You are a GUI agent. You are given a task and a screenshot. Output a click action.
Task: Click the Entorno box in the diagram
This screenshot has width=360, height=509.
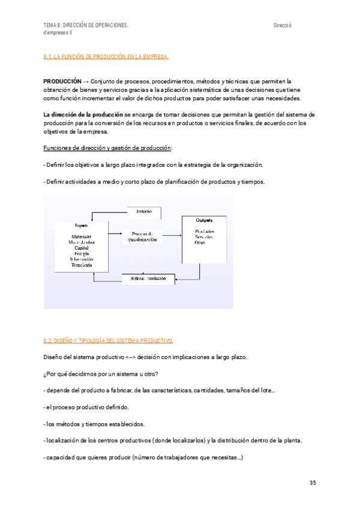coord(144,212)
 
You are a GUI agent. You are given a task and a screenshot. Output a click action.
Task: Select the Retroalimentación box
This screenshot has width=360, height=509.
coord(148,279)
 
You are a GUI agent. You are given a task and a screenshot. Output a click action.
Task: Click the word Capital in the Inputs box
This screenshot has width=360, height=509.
coord(82,247)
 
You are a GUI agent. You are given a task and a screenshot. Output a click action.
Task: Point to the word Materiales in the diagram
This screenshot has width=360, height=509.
coord(82,236)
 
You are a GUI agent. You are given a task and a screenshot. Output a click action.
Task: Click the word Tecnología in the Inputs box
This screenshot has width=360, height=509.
coord(82,265)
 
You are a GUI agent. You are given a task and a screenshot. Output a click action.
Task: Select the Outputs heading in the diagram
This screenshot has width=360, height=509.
coord(205,220)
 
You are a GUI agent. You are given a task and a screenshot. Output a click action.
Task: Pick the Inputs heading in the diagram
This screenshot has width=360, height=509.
coord(82,226)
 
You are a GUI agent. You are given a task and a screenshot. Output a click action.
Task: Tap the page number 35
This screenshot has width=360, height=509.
coord(313,483)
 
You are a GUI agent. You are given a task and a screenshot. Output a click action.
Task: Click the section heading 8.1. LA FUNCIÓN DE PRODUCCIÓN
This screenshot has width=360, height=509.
coord(106,57)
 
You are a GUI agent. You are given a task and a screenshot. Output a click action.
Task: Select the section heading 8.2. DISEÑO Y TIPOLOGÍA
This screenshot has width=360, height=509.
coord(109,341)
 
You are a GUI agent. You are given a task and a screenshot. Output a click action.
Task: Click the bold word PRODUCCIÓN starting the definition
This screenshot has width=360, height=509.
coord(62,80)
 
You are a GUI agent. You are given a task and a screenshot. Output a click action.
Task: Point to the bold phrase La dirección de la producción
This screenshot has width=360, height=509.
coord(83,114)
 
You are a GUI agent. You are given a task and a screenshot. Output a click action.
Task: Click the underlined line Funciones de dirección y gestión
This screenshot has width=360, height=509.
coord(108,148)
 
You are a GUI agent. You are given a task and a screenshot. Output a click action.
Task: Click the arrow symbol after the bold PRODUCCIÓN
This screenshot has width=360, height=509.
coord(86,80)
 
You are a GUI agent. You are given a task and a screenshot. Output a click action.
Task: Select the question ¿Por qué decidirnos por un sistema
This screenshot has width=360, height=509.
coord(101,375)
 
